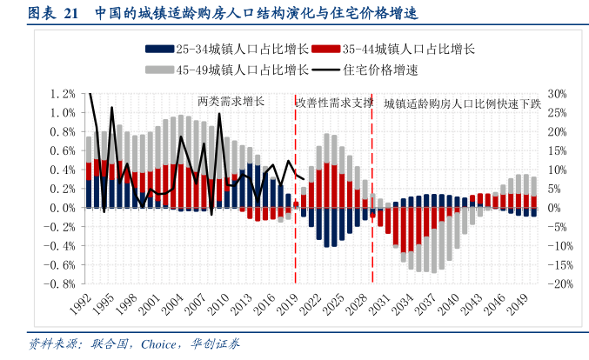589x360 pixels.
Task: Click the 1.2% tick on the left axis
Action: click(x=64, y=94)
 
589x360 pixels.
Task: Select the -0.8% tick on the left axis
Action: click(x=62, y=284)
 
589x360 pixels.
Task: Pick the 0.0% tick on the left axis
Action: click(x=64, y=208)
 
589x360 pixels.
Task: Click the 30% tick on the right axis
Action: click(x=558, y=94)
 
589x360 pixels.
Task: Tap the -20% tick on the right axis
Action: click(x=559, y=284)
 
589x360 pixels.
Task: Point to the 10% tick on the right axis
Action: click(x=558, y=170)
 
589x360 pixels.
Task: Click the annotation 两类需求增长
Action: click(x=231, y=103)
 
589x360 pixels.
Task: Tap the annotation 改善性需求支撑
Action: click(x=335, y=103)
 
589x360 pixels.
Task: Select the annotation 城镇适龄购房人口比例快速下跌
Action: click(x=462, y=103)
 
